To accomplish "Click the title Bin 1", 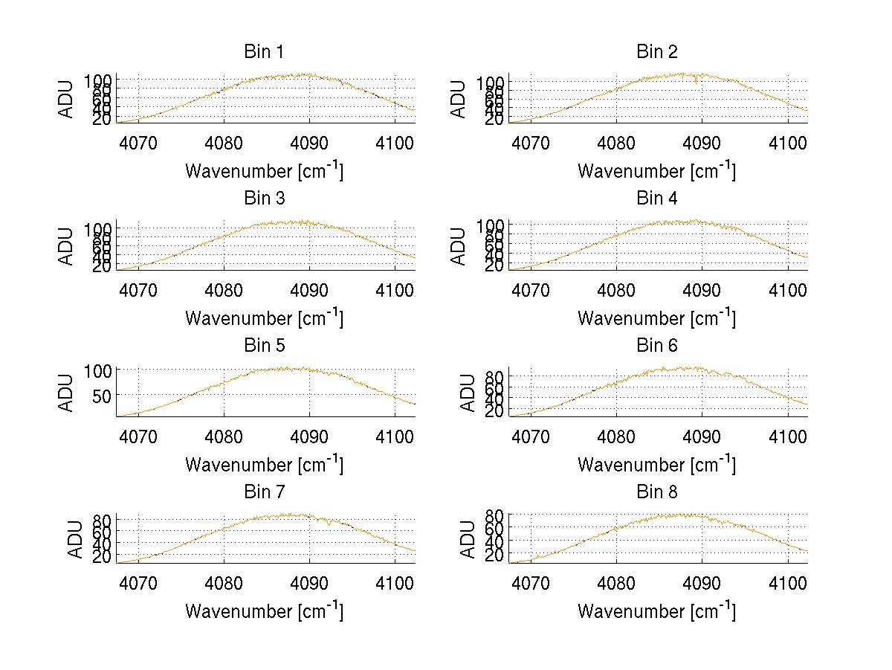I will [264, 52].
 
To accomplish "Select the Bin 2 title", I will [657, 52].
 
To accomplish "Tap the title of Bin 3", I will [264, 199].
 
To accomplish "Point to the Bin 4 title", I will [657, 199].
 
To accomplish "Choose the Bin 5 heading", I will [264, 346].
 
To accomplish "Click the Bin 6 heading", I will [657, 346].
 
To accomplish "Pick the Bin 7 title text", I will [264, 492].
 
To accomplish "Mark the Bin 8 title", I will [657, 492].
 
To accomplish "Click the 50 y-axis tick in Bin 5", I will [102, 395].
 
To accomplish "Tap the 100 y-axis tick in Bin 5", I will [97, 370].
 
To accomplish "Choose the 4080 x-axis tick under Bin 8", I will [616, 583].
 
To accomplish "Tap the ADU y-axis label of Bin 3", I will [67, 246].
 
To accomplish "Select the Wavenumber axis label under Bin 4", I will [657, 318].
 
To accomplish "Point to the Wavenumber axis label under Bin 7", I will [264, 611].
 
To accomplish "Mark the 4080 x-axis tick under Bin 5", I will [224, 436].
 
